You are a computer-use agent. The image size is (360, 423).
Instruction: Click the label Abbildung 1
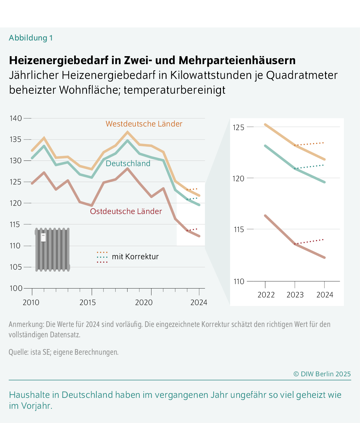(31, 38)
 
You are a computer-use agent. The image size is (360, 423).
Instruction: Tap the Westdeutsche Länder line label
(144, 124)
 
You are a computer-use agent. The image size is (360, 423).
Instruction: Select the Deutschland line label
(128, 163)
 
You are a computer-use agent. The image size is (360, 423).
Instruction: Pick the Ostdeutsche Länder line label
(126, 211)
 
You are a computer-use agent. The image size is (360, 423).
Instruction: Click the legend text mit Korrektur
(135, 257)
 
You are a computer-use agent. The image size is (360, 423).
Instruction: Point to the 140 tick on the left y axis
(16, 118)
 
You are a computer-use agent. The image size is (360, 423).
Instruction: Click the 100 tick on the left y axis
(16, 288)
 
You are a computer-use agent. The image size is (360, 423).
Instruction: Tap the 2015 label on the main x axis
(88, 302)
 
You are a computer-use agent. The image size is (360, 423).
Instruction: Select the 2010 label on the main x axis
(31, 302)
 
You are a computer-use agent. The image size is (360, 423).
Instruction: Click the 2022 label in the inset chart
(266, 295)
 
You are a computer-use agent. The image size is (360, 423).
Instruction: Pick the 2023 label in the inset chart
(295, 295)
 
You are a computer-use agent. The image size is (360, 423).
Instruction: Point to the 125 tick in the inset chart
(238, 127)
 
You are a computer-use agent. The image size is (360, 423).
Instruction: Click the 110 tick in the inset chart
(238, 281)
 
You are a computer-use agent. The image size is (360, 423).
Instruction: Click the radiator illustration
(52, 249)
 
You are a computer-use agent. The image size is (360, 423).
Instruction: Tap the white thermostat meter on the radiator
(43, 237)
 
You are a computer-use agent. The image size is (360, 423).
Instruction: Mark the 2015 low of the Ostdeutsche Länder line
(92, 205)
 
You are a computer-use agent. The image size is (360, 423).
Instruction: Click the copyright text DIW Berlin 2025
(322, 374)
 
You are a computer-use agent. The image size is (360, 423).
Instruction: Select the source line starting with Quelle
(64, 352)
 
